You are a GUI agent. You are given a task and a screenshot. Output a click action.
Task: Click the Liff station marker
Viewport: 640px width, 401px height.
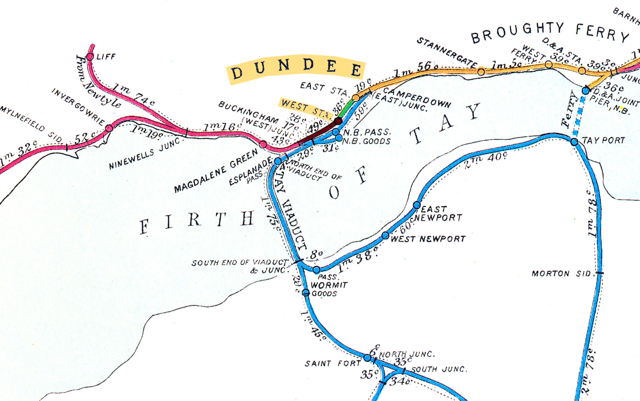point(90,57)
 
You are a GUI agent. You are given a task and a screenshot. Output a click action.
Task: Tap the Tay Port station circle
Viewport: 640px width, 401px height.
point(574,142)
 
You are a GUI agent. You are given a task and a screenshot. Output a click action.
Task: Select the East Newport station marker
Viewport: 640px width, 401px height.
point(417,205)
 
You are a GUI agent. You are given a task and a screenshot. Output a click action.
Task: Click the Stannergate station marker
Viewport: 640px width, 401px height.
point(481,72)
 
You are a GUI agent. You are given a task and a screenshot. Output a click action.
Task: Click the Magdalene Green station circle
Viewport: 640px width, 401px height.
point(263,144)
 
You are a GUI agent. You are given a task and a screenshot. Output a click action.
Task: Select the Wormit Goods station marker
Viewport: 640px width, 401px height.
point(306,293)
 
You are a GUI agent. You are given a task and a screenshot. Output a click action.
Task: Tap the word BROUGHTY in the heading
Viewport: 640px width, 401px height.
point(517,33)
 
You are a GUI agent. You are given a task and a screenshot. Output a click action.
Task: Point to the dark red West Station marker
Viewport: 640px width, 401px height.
point(338,121)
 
